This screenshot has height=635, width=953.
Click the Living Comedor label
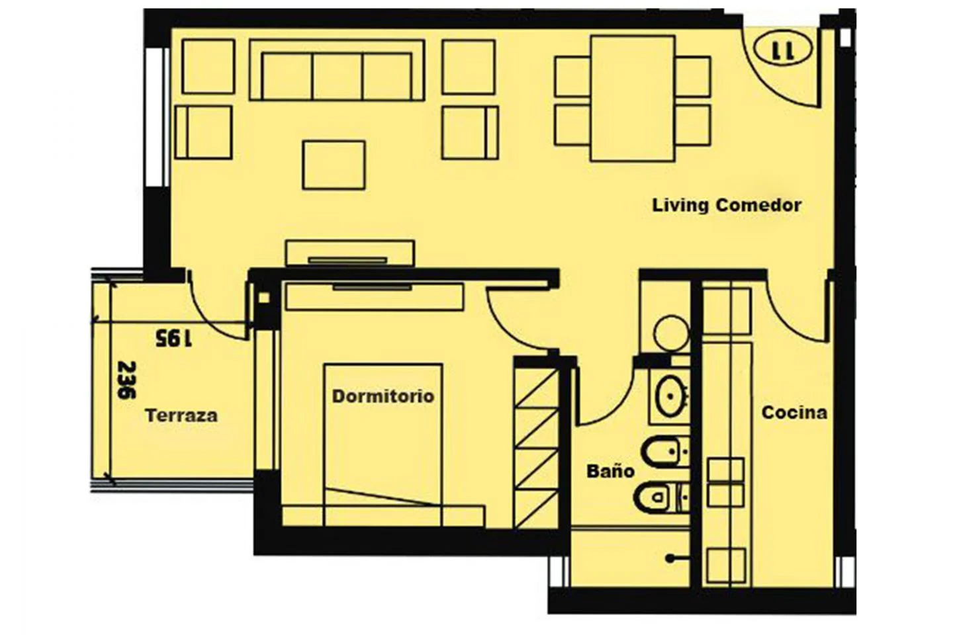point(727,206)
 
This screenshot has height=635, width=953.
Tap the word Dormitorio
point(383,396)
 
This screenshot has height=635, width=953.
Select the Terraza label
point(181,415)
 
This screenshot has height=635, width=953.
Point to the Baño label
point(610,470)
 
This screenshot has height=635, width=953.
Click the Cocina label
point(794,413)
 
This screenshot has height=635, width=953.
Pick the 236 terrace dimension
point(126,380)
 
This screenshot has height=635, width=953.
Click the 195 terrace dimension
point(173,338)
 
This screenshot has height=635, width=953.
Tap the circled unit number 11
point(784,48)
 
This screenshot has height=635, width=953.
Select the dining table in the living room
point(632,99)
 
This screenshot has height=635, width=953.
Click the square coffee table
point(334,165)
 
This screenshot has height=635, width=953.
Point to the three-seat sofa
point(337,70)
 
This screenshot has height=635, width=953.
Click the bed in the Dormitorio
point(383,445)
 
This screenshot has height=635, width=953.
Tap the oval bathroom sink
point(670,396)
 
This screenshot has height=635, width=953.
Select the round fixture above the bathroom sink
point(671,333)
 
